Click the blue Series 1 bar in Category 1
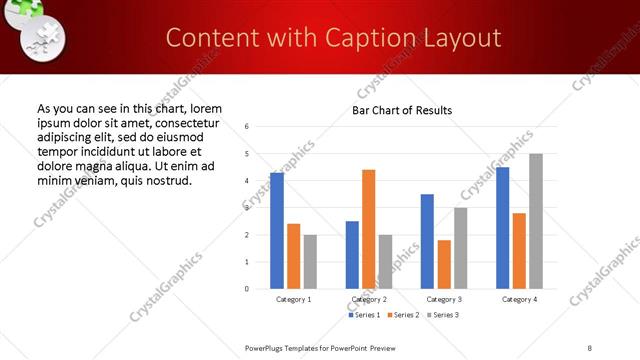coord(277,230)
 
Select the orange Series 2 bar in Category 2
coord(369,229)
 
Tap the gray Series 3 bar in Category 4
coord(536,221)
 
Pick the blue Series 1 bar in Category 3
coord(427,241)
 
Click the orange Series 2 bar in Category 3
coord(444,264)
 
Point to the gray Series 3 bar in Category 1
coord(310,261)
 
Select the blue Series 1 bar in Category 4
coord(503,228)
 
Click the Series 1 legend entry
coord(365,315)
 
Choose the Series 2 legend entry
coord(403,315)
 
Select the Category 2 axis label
coord(369,299)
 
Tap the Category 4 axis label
coord(519,299)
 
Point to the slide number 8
coord(590,346)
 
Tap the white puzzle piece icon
coord(43,41)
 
